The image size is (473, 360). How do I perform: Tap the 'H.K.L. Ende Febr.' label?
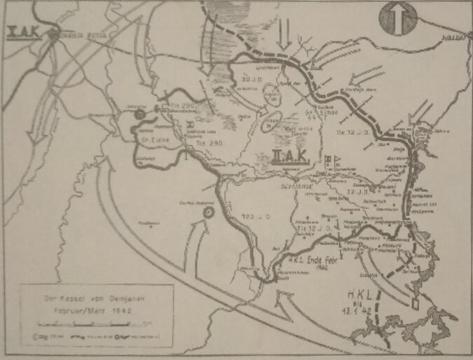point(313,258)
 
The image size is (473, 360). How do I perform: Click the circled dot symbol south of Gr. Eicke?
point(208,212)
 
